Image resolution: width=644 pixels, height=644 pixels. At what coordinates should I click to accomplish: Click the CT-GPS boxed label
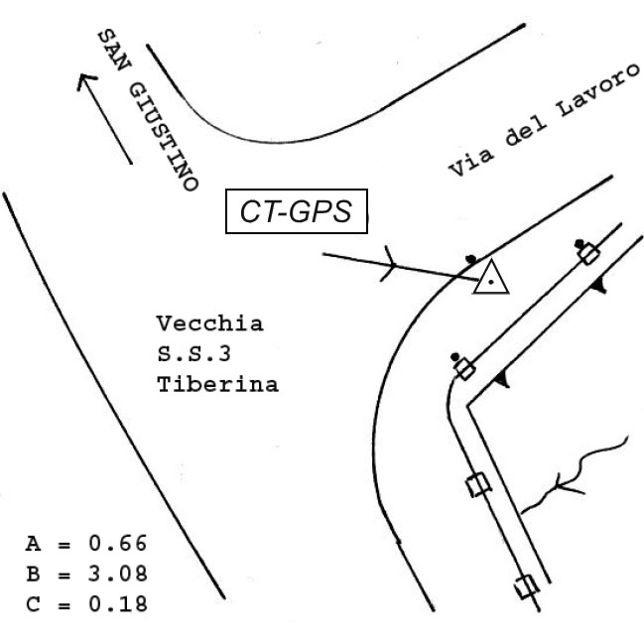[297, 211]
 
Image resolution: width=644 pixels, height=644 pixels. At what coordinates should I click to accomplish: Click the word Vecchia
[209, 323]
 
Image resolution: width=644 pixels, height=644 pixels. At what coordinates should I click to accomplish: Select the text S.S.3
[193, 354]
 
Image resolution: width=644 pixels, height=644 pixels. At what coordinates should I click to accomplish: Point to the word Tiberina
[217, 384]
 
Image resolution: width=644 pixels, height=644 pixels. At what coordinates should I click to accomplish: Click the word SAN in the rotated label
[114, 50]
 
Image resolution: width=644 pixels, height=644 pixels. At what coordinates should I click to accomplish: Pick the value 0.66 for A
[117, 543]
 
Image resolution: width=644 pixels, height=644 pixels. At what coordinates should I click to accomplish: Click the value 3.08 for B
[117, 574]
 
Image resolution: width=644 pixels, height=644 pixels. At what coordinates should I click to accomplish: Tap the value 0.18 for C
[117, 603]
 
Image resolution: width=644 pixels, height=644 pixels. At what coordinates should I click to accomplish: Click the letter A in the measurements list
[34, 544]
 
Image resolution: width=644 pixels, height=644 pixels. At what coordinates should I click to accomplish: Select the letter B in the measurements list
[34, 574]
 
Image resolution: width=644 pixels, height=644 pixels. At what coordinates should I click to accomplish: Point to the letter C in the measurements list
[34, 604]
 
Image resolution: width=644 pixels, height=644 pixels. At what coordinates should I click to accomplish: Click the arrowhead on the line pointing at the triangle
[389, 264]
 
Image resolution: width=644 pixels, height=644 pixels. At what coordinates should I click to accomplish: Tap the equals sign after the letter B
[64, 576]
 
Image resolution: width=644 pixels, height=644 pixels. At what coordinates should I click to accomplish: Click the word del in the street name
[525, 131]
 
